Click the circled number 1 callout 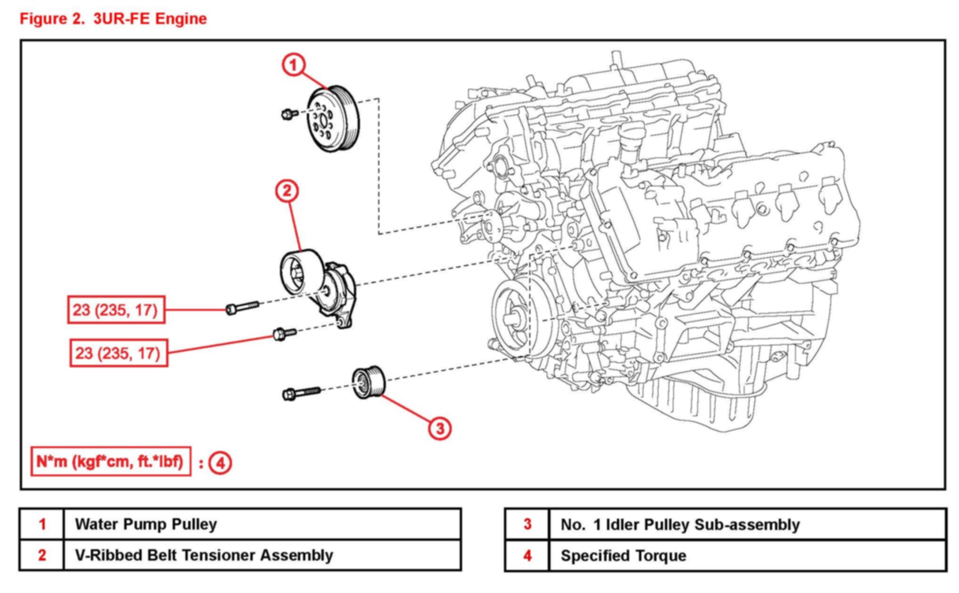(294, 64)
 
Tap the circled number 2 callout (287, 191)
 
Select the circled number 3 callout (440, 428)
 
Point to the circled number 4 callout (220, 463)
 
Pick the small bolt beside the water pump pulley (289, 113)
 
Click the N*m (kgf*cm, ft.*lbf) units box (111, 461)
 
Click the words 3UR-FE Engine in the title (150, 19)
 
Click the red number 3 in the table (527, 524)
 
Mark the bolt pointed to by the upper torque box (242, 307)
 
